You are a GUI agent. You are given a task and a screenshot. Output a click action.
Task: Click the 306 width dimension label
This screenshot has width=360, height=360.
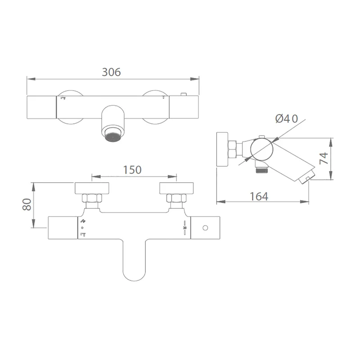(x=111, y=72)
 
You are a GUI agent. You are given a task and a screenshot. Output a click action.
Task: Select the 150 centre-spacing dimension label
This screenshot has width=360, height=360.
(x=132, y=170)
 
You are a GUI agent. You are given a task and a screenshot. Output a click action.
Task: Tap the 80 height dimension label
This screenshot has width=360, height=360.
(x=27, y=205)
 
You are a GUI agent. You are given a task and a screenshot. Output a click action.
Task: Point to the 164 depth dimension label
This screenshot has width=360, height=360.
(x=259, y=197)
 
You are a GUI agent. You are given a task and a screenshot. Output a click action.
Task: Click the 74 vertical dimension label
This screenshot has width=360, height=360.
(x=324, y=158)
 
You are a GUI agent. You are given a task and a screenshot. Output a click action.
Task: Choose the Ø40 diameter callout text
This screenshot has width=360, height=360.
(x=287, y=119)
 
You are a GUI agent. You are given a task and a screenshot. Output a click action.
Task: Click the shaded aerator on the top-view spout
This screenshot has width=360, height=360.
(x=113, y=137)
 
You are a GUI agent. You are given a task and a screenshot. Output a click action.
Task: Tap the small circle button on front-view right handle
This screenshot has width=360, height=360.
(x=205, y=228)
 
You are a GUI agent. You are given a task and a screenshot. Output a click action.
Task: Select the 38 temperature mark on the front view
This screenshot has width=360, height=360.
(x=184, y=228)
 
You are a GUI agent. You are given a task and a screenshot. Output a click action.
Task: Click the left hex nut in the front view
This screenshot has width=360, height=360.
(x=92, y=198)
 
